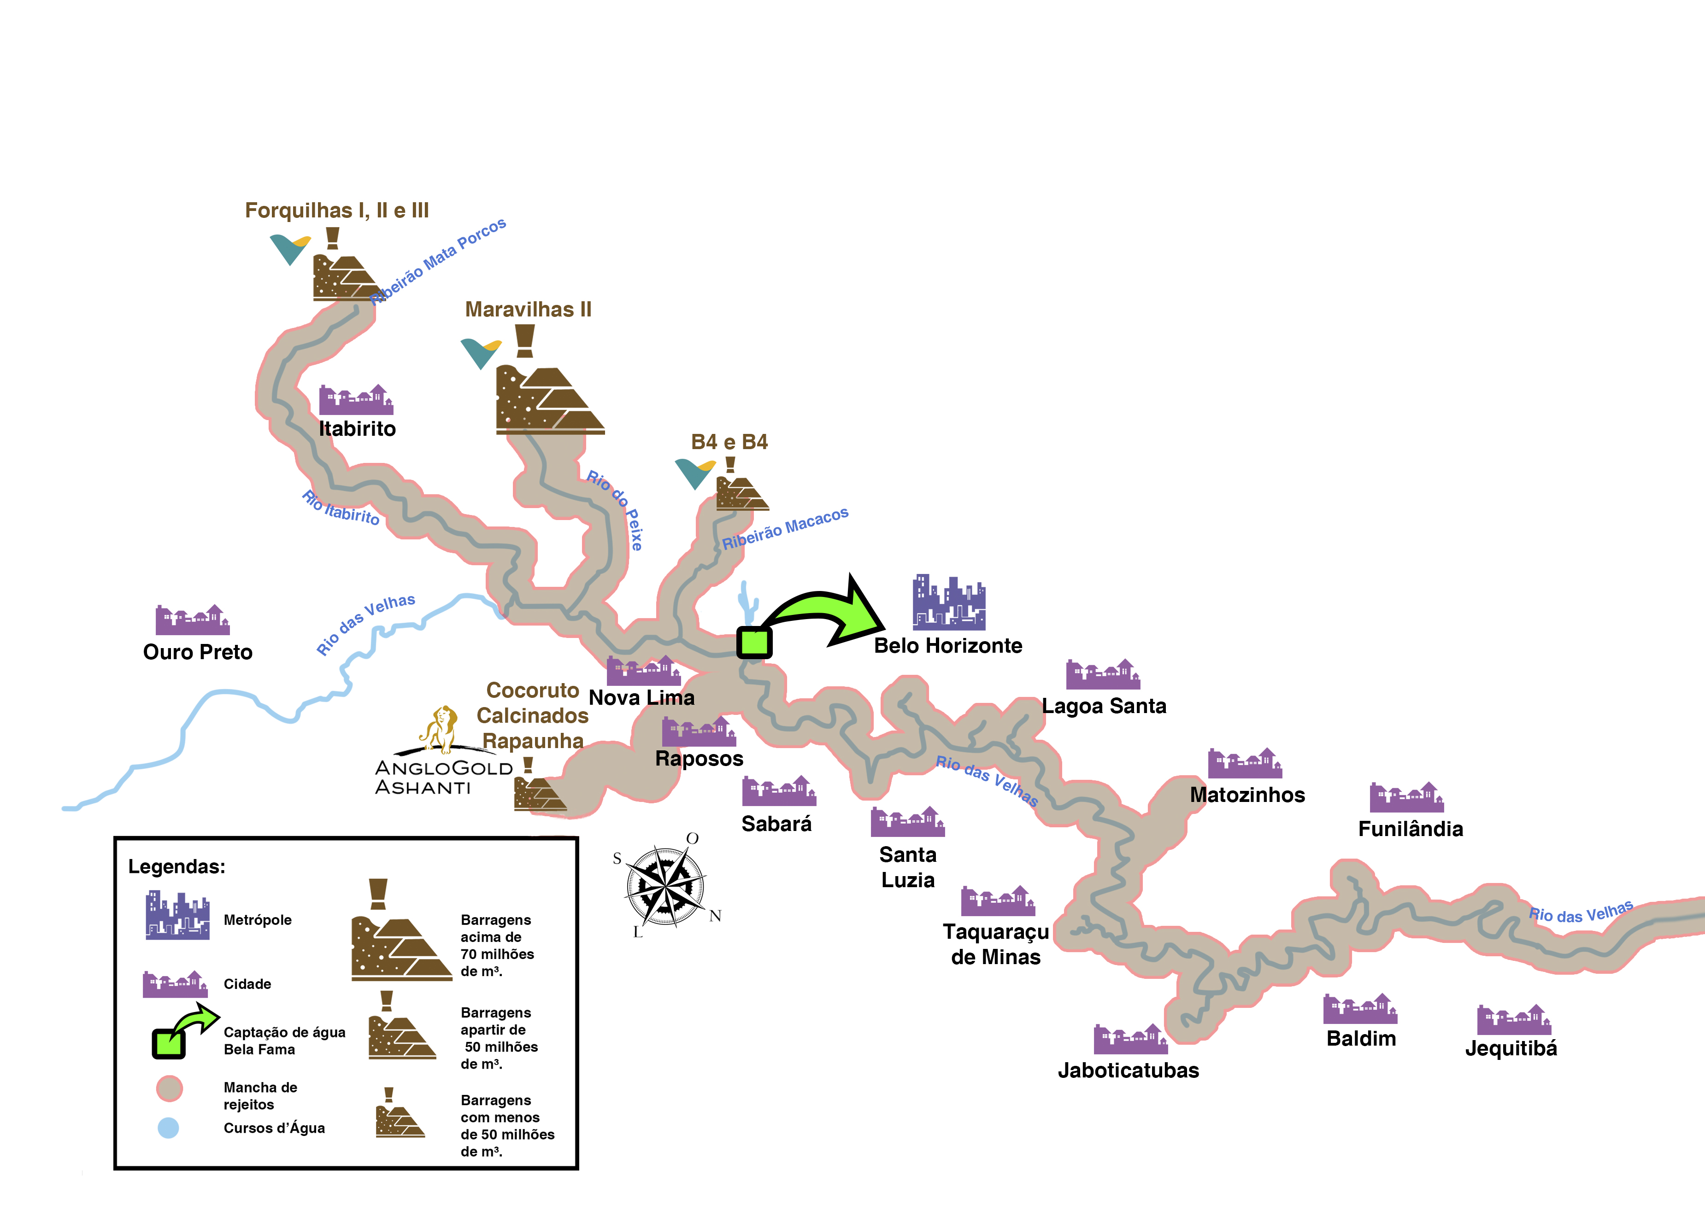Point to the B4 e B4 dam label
tap(729, 442)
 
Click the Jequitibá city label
tap(1511, 1048)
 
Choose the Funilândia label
tap(1410, 829)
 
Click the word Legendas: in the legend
tap(177, 866)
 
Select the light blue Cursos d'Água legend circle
tap(169, 1128)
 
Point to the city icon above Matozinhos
tap(1245, 763)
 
